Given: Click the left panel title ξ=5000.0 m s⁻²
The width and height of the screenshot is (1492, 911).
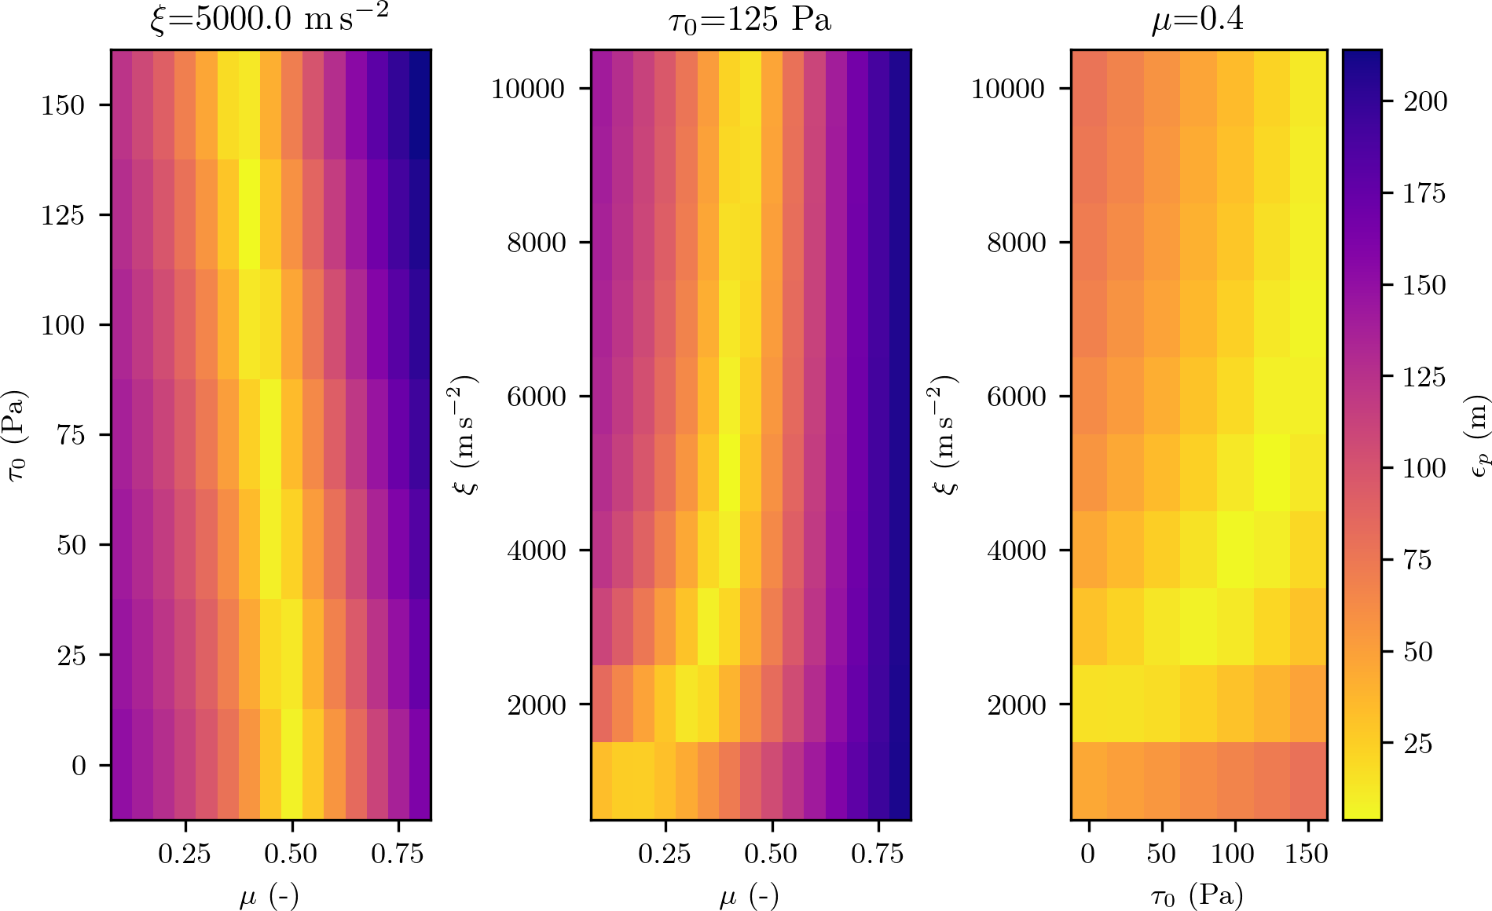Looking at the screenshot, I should coord(269,19).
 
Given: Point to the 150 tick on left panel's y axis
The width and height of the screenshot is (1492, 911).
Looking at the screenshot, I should coord(63,105).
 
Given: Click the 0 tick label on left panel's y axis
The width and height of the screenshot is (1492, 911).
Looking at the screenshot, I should coord(79,766).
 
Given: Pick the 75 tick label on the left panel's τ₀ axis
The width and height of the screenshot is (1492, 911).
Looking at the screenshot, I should coord(71,435).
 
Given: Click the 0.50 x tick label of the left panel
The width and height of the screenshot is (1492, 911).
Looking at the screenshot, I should coord(291,854).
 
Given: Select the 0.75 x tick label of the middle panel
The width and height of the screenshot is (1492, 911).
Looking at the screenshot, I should coord(878,854).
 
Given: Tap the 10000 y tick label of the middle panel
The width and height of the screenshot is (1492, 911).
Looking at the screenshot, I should coord(528,89).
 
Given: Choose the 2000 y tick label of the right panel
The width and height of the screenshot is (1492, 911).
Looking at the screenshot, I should coord(1016,705).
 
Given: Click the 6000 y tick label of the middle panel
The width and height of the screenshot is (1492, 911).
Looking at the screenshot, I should coord(536,397).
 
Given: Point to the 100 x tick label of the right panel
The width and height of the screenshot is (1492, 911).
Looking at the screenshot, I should coord(1233,854).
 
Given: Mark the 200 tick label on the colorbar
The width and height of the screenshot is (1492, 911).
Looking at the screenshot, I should coord(1425,102).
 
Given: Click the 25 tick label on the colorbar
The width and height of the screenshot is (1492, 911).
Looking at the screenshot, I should coord(1417,744).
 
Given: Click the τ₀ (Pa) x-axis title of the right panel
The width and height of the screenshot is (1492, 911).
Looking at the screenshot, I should coord(1197,895).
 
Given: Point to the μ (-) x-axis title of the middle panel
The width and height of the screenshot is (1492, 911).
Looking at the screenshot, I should coord(750,895).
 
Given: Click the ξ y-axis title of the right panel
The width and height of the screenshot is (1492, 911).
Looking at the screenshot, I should coord(946,435).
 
